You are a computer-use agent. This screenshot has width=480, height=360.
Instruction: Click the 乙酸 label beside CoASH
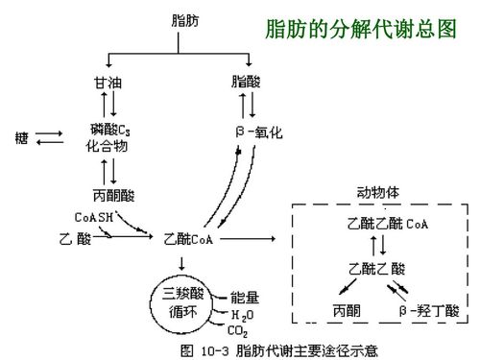click(75, 237)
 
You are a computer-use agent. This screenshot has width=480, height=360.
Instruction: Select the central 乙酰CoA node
click(188, 237)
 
